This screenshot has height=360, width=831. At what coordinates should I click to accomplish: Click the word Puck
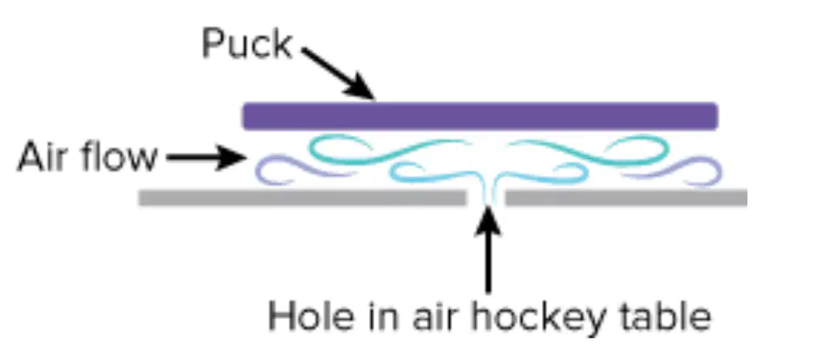[247, 44]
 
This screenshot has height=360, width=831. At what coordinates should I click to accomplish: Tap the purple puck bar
[480, 116]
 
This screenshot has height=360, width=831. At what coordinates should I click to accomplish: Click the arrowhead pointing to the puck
[360, 87]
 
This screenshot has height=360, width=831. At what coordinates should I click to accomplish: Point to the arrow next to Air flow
[207, 157]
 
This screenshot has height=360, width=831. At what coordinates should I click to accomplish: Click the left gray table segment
[302, 197]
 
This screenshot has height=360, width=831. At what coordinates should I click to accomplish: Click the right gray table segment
[626, 197]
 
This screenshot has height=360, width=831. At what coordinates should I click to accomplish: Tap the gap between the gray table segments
[486, 197]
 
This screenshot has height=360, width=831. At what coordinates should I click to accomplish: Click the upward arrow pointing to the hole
[488, 249]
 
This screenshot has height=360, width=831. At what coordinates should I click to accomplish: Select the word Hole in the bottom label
[302, 317]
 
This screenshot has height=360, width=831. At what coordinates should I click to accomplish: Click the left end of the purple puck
[243, 116]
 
